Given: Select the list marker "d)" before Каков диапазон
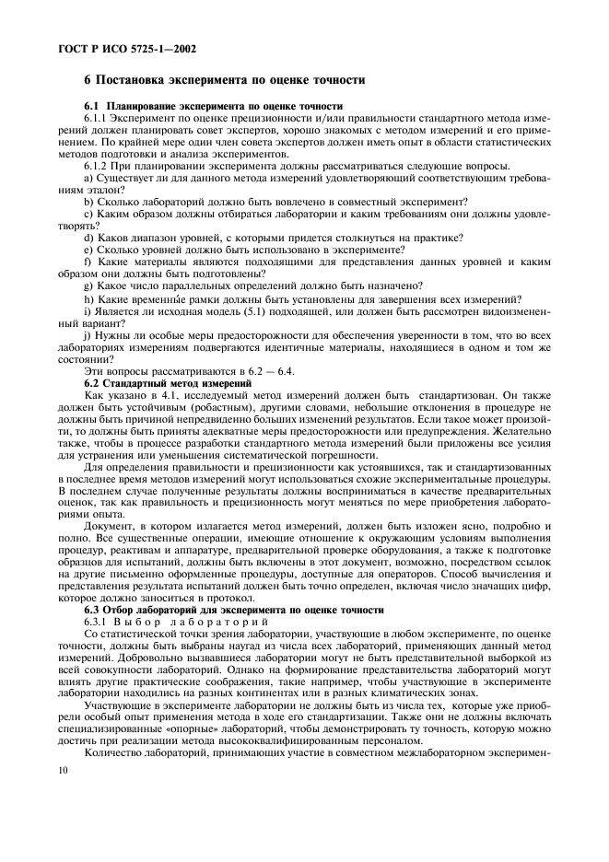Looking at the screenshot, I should (88, 237).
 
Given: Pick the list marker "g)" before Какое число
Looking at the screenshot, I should (88, 285).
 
